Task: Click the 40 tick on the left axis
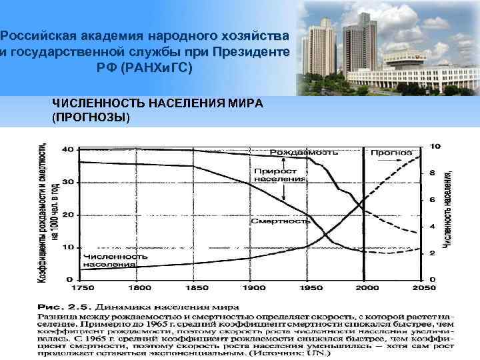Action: point(67,150)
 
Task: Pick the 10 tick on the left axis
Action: point(67,247)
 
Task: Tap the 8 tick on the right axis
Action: point(433,173)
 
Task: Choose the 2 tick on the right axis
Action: point(433,253)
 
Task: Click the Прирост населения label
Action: point(280,175)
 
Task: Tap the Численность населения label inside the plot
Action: point(110,261)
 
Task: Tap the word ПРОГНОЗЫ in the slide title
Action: point(91,117)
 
